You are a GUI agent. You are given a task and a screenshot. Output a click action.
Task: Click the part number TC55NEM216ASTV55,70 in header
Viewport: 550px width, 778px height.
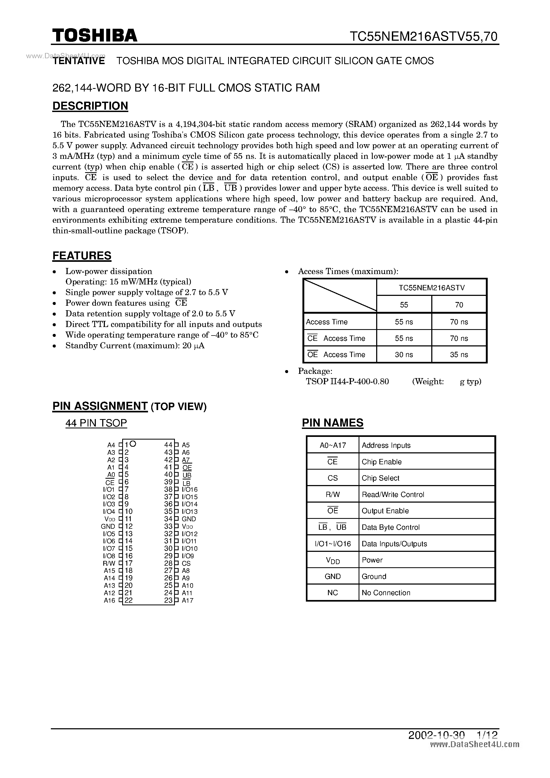(424, 36)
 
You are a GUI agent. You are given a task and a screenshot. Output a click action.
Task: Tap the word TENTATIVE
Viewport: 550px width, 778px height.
(79, 61)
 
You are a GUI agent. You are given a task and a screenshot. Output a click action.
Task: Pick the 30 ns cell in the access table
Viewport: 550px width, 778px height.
(404, 355)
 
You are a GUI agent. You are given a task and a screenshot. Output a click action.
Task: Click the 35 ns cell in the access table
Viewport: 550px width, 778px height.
(459, 355)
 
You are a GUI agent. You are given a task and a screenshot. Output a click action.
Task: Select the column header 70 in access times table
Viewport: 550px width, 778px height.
(459, 305)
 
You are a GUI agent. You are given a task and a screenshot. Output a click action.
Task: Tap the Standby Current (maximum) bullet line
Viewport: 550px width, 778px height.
(135, 346)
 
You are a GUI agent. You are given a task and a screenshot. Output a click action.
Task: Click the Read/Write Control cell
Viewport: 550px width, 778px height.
(393, 494)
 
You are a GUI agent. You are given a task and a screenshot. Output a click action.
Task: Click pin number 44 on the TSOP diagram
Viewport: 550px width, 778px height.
(168, 445)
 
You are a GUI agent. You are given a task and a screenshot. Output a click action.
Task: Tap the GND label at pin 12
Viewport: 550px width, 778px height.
(108, 527)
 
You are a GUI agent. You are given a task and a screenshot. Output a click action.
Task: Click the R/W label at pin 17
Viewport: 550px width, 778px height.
(109, 564)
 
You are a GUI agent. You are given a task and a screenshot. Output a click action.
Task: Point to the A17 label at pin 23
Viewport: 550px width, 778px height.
(187, 601)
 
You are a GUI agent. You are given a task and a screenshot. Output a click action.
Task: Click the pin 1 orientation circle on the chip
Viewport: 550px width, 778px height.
(133, 444)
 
